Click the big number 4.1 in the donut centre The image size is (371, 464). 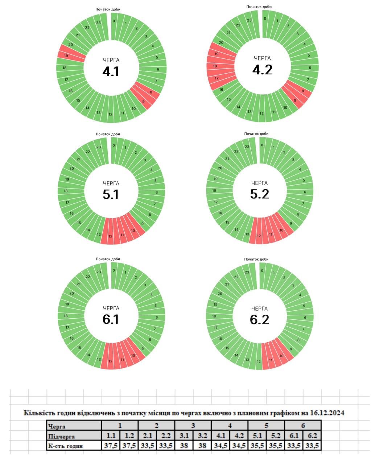pos(111,71)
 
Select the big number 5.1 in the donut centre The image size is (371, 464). pos(111,195)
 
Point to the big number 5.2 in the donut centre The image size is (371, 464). pos(260,194)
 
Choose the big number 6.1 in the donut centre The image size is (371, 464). pos(111,319)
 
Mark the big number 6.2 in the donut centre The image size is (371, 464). pos(260,320)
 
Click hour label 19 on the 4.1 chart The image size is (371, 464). pos(66,56)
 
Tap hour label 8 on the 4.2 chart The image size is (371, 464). pos(303,91)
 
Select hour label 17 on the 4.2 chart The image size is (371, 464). pos(217,78)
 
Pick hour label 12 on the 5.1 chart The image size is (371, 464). pos(111,236)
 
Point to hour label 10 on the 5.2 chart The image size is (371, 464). pos(281,230)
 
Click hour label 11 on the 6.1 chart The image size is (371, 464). pos(122,360)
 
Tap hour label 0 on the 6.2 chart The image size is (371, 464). pos(262,270)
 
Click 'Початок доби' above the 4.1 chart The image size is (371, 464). pos(108,9)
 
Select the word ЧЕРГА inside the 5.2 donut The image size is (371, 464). pos(260,183)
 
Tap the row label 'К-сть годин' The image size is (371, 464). pos(66,446)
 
